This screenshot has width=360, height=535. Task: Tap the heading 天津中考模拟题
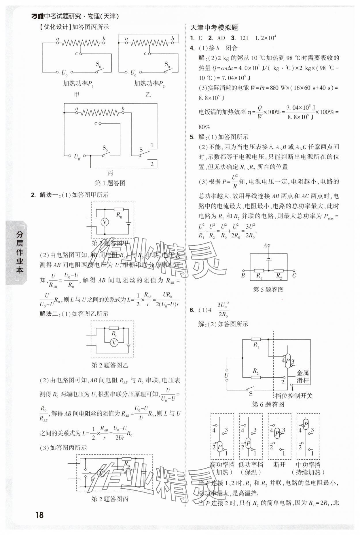pos(214,28)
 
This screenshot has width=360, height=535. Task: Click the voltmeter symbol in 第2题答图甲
pos(105,222)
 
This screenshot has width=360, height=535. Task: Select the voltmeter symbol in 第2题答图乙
pos(114,342)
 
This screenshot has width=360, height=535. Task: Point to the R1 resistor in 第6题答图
pos(256,340)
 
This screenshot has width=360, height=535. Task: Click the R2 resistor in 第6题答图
pos(255,377)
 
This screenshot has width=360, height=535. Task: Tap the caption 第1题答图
pos(110,183)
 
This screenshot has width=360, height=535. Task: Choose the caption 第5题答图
pos(268,290)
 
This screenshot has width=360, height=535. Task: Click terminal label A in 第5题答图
pos(265,245)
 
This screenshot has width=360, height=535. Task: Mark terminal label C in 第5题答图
pos(294,276)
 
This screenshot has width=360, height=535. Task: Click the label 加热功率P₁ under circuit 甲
pos(78,84)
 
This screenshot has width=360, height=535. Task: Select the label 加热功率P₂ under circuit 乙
pos(149,84)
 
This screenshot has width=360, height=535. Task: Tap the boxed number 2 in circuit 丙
pos(152,164)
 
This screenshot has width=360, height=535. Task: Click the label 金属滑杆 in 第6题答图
pos(303,377)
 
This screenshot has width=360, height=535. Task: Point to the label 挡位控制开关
pos(294,396)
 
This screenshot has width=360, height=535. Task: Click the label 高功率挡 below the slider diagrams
pos(222,464)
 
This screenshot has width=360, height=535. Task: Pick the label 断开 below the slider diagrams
pos(279,464)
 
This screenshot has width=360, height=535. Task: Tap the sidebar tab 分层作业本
pos(19,252)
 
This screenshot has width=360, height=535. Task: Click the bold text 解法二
pos(49,314)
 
